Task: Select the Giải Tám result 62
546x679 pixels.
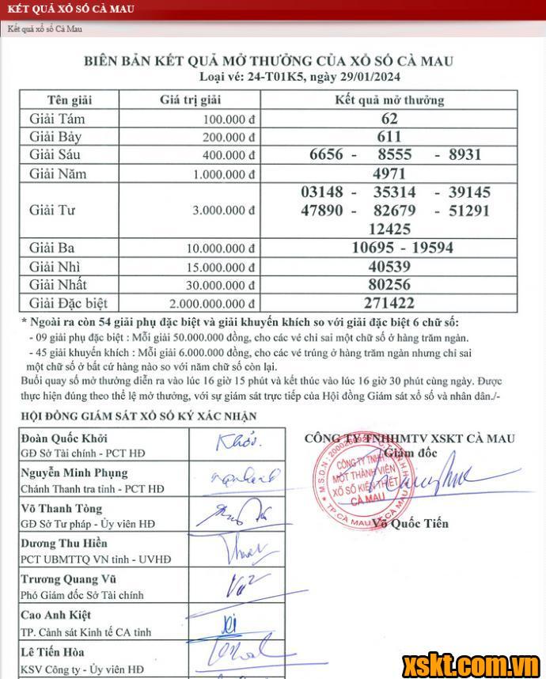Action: [389, 119]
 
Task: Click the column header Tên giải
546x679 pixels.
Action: [70, 101]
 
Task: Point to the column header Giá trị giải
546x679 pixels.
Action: [190, 101]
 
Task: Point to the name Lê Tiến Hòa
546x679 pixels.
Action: [54, 652]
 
